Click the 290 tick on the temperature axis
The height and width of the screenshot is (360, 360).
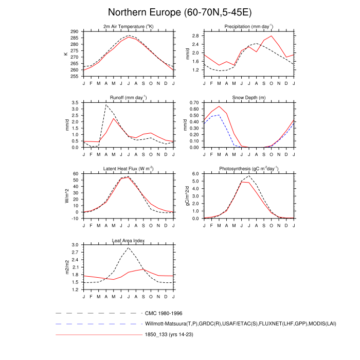74,31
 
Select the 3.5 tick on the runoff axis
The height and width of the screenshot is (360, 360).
76,103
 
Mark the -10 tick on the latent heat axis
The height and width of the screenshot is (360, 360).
75,219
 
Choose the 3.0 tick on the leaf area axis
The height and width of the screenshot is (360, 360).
76,245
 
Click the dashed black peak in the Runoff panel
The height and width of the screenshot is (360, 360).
106,105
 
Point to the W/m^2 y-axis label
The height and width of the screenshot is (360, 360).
67,196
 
